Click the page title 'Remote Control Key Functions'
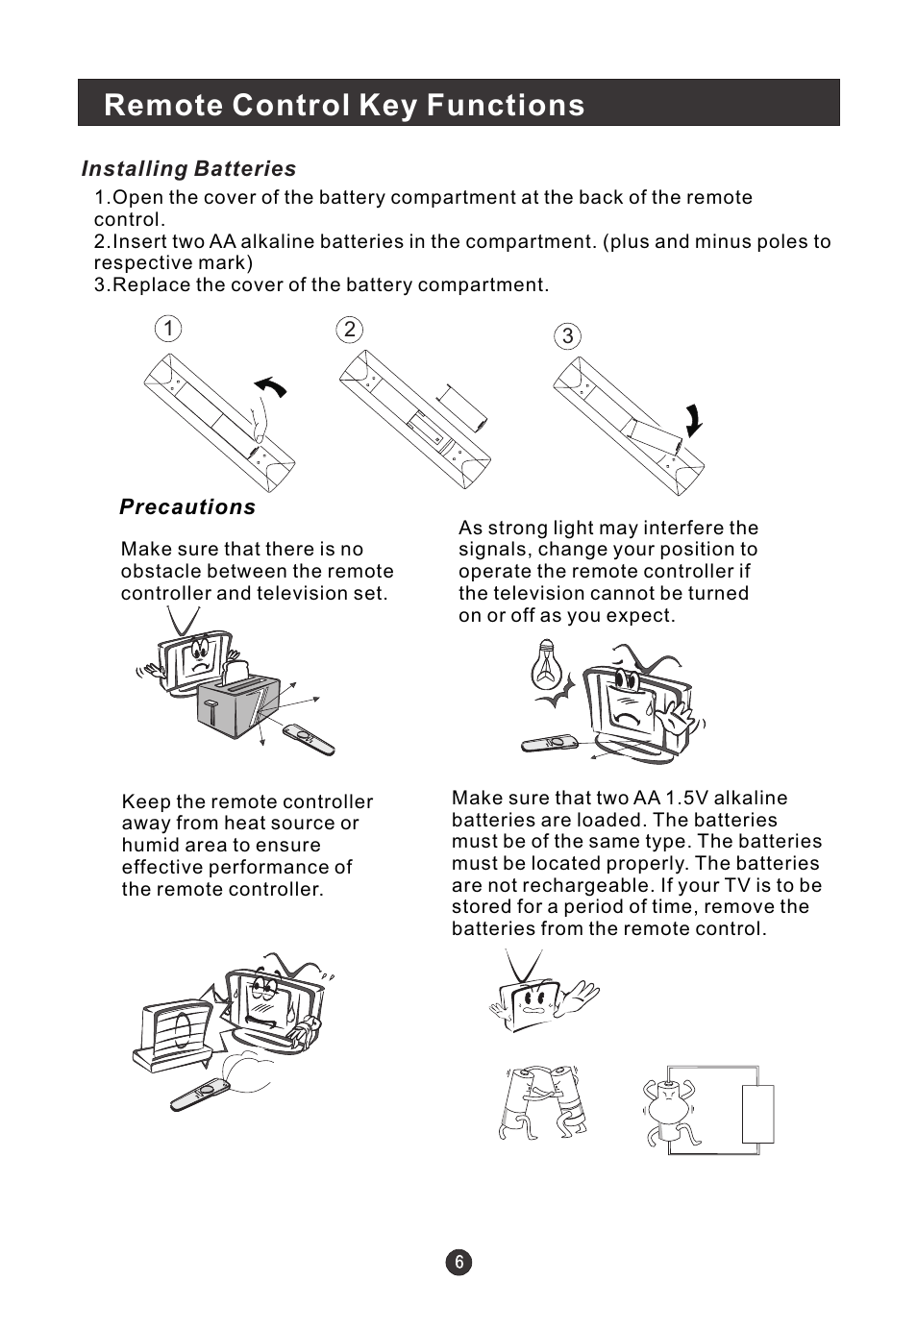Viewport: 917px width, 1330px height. (x=344, y=105)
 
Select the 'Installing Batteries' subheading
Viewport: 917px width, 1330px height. (x=189, y=169)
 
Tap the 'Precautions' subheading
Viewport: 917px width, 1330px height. (x=187, y=507)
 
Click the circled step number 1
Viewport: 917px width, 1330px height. (x=167, y=330)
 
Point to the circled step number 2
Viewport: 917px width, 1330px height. (x=349, y=330)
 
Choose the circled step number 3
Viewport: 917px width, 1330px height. (x=568, y=336)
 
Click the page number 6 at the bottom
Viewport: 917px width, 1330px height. (x=458, y=1263)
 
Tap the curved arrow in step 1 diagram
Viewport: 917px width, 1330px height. (x=271, y=387)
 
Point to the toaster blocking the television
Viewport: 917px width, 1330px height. (x=237, y=704)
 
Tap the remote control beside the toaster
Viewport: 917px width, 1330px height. (x=309, y=738)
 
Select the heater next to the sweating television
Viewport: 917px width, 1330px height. (x=173, y=1036)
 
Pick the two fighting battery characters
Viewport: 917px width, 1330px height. (x=544, y=1103)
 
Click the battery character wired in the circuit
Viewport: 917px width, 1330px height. (x=669, y=1109)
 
